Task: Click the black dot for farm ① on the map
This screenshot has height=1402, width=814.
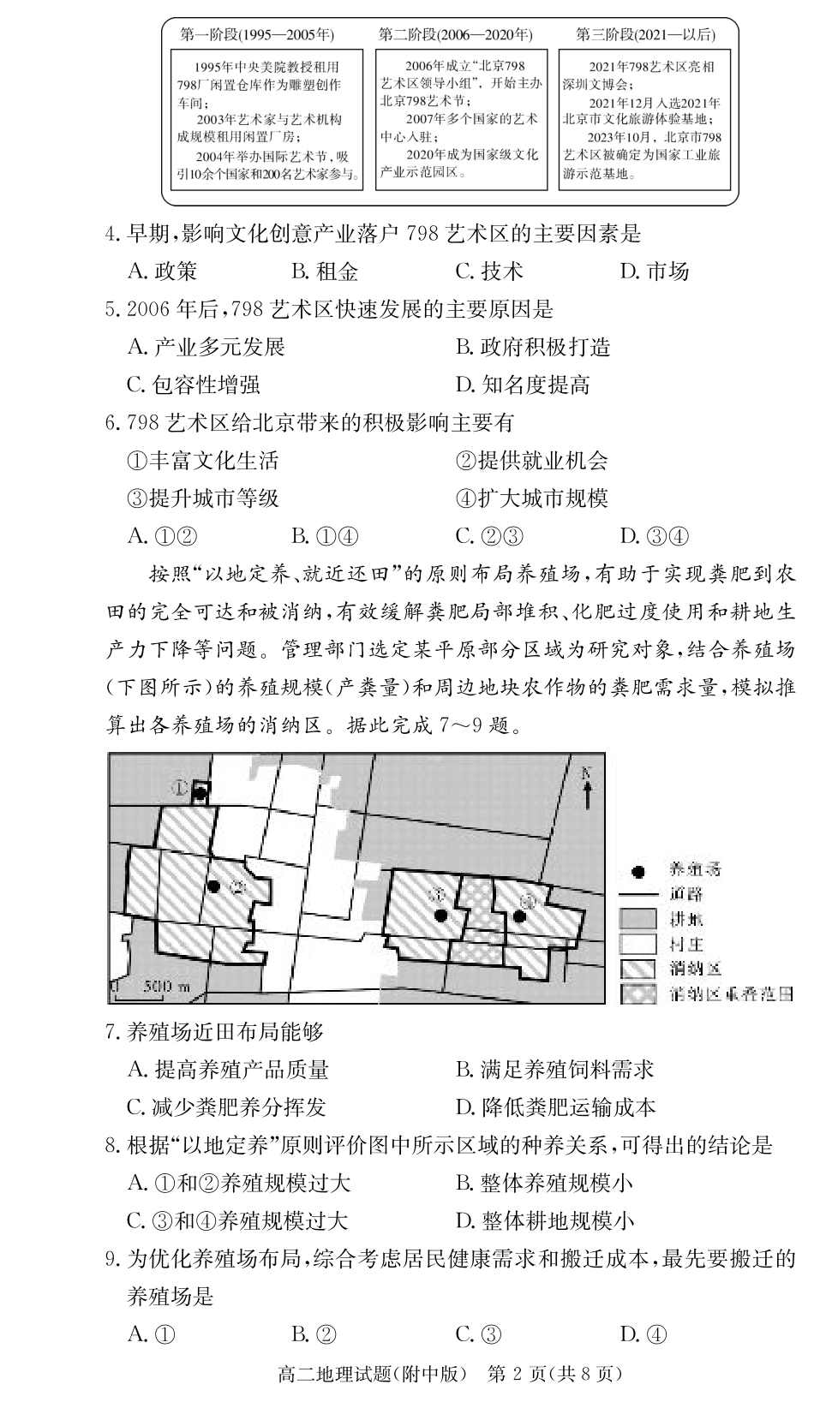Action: point(200,793)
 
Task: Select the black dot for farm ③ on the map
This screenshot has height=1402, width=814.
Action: point(441,915)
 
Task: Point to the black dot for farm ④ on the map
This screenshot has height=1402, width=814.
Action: point(518,916)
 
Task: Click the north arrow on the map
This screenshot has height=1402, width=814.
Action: point(587,788)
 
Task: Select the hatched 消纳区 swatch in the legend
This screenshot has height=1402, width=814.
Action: point(637,969)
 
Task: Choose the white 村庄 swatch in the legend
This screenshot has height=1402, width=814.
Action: point(637,944)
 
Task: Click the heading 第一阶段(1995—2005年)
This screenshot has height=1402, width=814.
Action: point(257,35)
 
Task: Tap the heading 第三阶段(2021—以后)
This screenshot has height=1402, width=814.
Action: point(645,35)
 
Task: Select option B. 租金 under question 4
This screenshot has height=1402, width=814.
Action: point(325,272)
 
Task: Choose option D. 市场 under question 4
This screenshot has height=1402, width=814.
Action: point(655,272)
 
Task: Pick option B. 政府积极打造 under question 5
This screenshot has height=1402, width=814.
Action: point(533,347)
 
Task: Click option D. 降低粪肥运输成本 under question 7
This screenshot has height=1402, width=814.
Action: point(555,1107)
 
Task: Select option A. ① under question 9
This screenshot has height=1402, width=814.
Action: point(152,1333)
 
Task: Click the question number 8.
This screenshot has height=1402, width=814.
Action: point(111,1146)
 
